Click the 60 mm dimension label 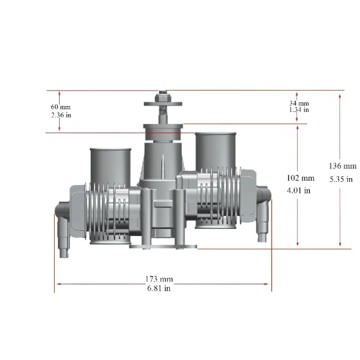click(60, 107)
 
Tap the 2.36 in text click(61, 115)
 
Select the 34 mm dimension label click(299, 103)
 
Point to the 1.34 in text click(299, 109)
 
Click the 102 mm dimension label click(301, 178)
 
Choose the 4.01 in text click(299, 190)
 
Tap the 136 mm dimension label click(343, 166)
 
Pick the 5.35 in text click(341, 179)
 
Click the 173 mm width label click(159, 279)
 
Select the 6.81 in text click(159, 288)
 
